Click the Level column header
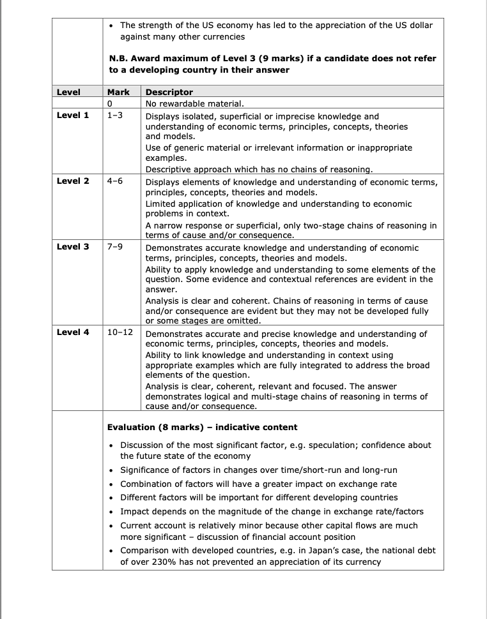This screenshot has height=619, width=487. coord(68,92)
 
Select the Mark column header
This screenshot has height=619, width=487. coord(118,92)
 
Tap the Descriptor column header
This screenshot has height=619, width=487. coord(169,92)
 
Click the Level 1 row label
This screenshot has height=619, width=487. coord(73,116)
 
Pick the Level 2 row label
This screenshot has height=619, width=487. coord(73,181)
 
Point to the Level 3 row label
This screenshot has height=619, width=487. coord(73,246)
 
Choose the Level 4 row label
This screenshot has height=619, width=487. coord(73,332)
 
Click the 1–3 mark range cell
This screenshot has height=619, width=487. coord(115,116)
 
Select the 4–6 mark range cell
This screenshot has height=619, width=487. coord(115,181)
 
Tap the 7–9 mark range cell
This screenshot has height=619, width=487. coord(115,246)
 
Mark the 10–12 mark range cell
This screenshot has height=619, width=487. coord(120,332)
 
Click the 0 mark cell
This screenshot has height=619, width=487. coord(110,103)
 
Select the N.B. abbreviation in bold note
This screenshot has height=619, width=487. coord(120,58)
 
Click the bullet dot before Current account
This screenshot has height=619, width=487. coord(112,525)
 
